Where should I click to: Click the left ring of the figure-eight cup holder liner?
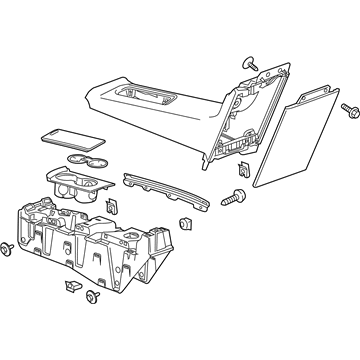click(x=75, y=161)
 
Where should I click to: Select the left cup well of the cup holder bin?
click(x=66, y=184)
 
